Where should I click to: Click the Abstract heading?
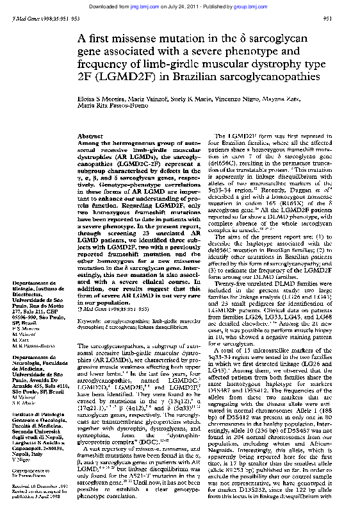pyautogui.click(x=86, y=137)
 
